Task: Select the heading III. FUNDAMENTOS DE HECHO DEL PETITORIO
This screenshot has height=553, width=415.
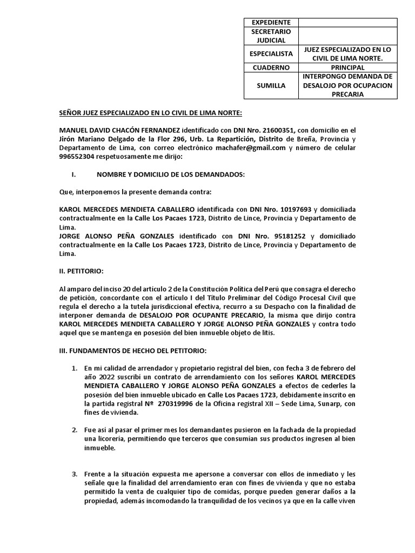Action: tap(132, 350)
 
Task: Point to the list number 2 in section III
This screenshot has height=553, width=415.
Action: tap(76, 430)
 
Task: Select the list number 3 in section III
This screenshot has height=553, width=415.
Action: tap(76, 474)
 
